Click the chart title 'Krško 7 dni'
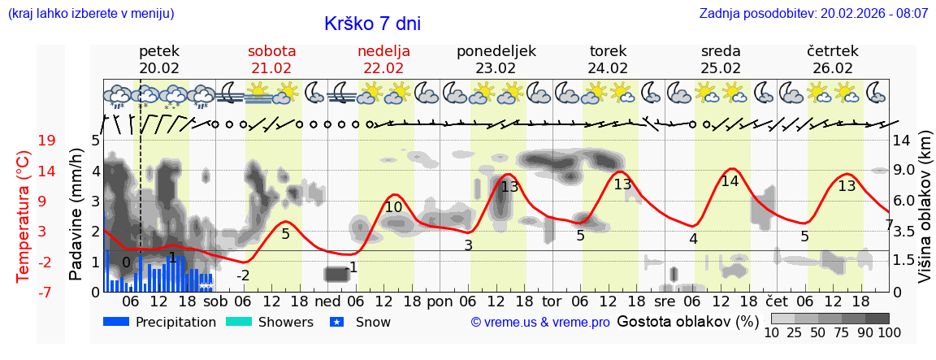pos(372,24)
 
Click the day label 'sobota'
pos(271,51)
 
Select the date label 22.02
pos(383,68)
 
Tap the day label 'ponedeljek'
pos(496,51)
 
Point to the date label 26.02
pos(833,68)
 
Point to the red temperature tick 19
pos(46,141)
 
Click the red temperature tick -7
pos(46,292)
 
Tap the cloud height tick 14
pos(902,141)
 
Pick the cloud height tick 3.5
pos(905,232)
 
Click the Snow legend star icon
pos(340,322)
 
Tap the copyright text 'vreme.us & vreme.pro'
pos(539,323)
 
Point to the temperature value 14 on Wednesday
pos(730,181)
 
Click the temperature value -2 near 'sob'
pos(243,275)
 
